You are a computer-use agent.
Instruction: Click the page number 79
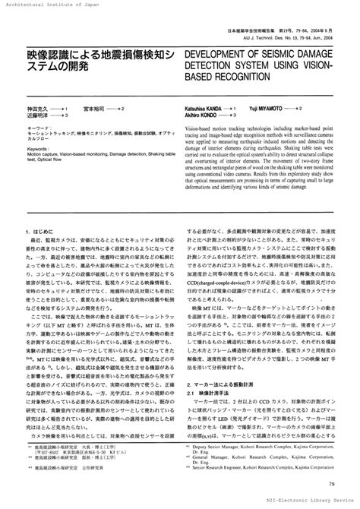pos(333,484)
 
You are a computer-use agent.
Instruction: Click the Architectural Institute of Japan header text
pos(45,5)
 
